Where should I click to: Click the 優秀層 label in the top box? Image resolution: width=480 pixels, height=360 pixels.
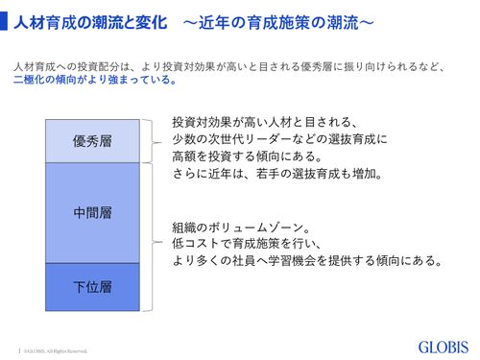pos(92,141)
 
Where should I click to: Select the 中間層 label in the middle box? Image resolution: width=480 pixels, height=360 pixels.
pos(92,211)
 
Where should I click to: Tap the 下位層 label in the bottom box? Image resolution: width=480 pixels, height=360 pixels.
pos(92,287)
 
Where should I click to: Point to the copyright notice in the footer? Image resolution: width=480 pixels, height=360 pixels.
pos(58,348)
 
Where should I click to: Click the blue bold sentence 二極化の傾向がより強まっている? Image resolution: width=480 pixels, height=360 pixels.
pos(95,81)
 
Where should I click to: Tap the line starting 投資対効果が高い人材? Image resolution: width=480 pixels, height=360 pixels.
pos(264,123)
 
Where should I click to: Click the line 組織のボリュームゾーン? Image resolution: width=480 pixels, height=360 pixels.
pos(240,228)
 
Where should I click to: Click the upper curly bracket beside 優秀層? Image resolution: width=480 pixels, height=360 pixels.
pos(147,140)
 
